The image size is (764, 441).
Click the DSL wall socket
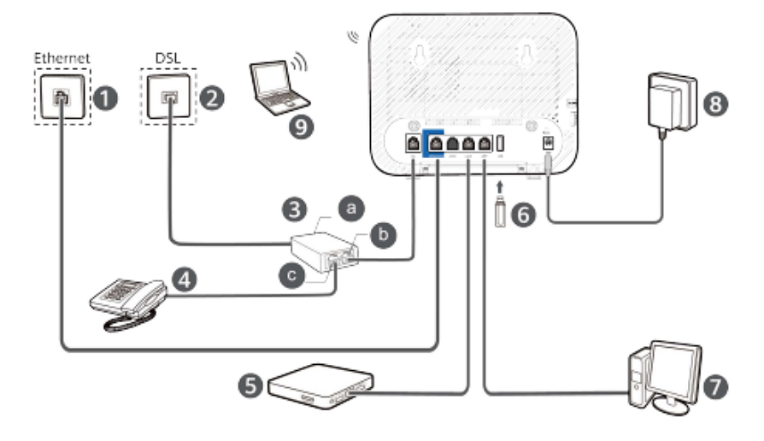click(168, 98)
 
